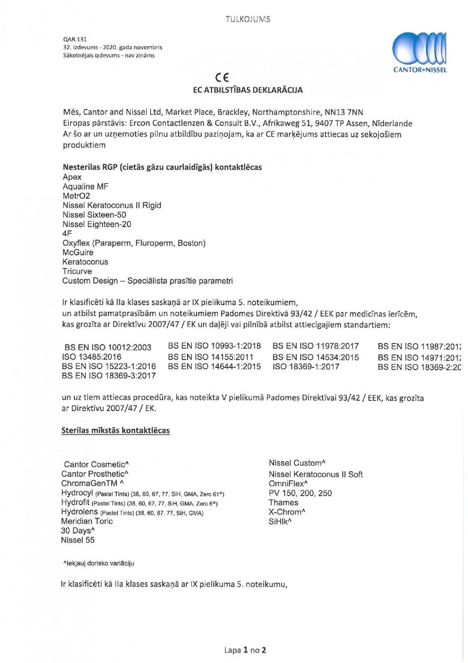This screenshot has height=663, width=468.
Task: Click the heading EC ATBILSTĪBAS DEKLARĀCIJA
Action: pyautogui.click(x=248, y=90)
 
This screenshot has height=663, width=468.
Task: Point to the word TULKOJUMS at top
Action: pyautogui.click(x=248, y=19)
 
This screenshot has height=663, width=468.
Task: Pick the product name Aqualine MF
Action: pyautogui.click(x=85, y=187)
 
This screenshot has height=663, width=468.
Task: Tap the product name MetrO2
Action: pyautogui.click(x=76, y=196)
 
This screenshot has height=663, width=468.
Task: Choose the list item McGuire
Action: pyautogui.click(x=78, y=252)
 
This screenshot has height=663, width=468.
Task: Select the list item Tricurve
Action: pyautogui.click(x=77, y=271)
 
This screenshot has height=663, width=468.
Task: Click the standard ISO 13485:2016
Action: pyautogui.click(x=92, y=357)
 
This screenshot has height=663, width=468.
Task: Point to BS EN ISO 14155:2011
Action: pyautogui.click(x=211, y=357)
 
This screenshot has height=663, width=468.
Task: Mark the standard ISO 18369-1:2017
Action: pyautogui.click(x=306, y=366)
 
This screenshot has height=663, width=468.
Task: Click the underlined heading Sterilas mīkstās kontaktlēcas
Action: pyautogui.click(x=115, y=431)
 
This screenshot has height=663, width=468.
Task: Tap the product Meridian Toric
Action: pyautogui.click(x=87, y=521)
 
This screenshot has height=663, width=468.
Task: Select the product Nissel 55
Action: pyautogui.click(x=78, y=540)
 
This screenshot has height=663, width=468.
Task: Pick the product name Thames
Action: pyautogui.click(x=283, y=503)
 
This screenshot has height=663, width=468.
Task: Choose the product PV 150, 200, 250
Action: pyautogui.click(x=300, y=493)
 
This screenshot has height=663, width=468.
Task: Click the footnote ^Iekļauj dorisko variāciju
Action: pyautogui.click(x=99, y=564)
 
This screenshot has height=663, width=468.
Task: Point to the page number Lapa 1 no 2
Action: pyautogui.click(x=245, y=650)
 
